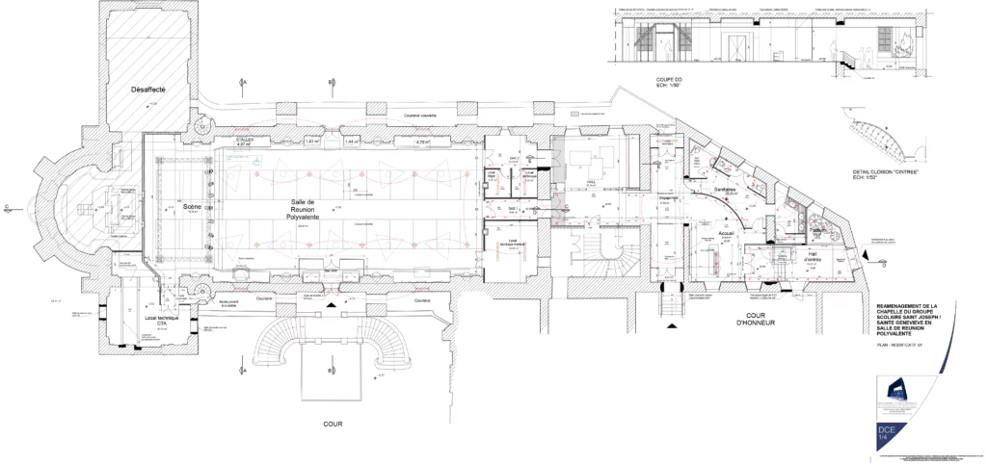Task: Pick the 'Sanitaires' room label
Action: click(x=726, y=191)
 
